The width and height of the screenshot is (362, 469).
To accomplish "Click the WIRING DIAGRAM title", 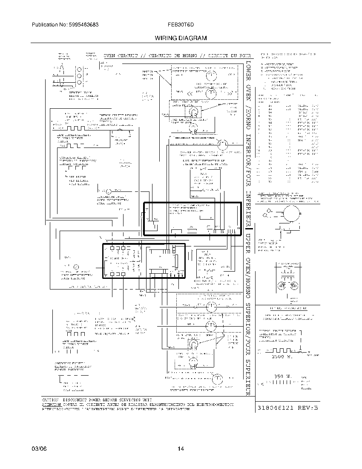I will (181, 38).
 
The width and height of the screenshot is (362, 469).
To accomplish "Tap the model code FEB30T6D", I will (180, 25).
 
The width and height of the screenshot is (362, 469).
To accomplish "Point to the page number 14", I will (181, 449).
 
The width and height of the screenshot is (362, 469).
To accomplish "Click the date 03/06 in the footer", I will (38, 449).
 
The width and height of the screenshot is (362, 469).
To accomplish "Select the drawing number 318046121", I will (277, 408).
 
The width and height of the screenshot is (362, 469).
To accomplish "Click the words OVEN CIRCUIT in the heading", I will (121, 56).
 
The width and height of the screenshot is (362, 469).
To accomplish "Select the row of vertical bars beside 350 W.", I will (281, 383).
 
